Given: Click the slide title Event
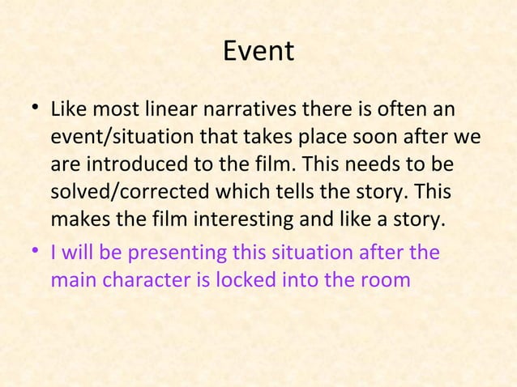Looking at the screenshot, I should (x=258, y=52).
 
